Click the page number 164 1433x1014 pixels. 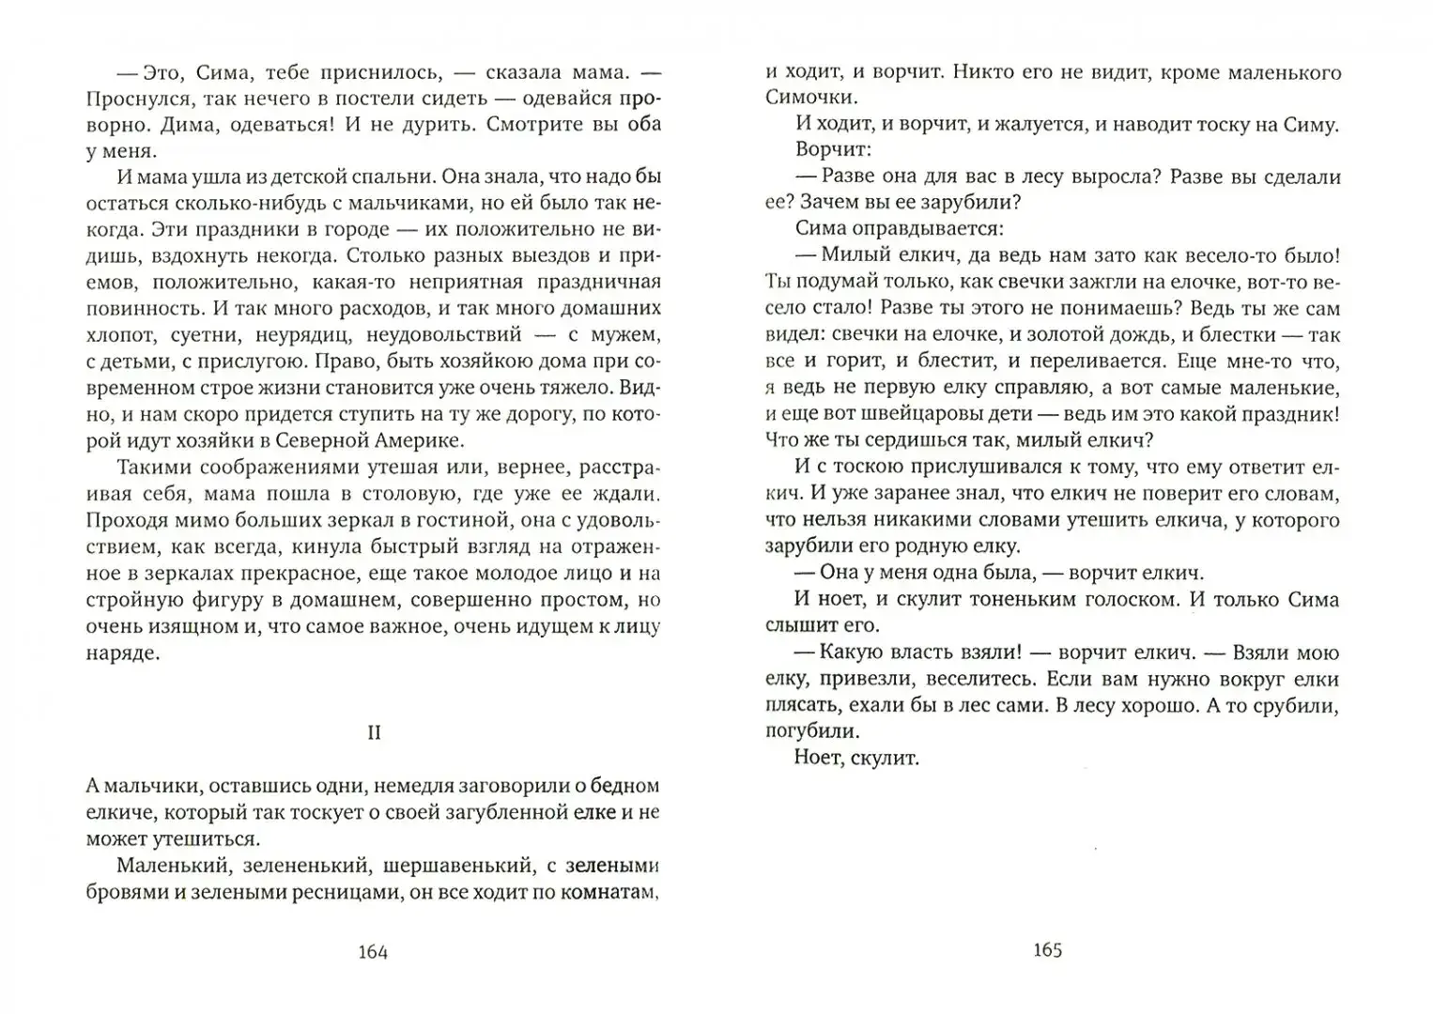point(373,951)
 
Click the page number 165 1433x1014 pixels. point(1047,949)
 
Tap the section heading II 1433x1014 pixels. point(374,733)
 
